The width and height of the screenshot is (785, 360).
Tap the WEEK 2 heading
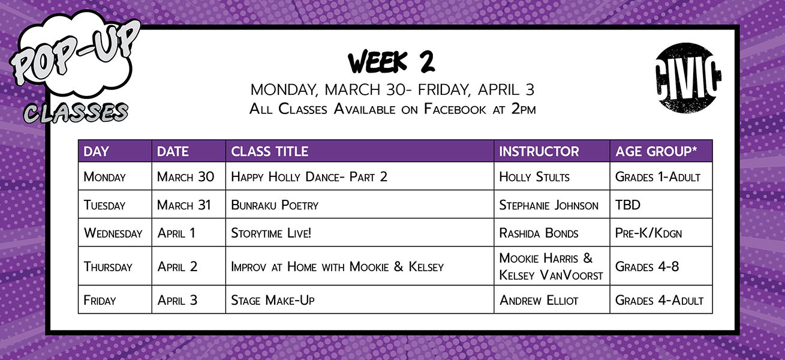coord(392,62)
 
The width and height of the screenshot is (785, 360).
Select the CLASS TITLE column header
coord(269,151)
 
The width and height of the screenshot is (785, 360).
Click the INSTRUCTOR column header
coord(539,151)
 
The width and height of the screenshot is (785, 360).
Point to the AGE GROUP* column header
coord(656,151)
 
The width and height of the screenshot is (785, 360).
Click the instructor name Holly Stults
coord(534,177)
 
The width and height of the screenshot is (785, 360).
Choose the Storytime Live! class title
coord(271,233)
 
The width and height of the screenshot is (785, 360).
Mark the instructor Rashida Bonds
coord(539,233)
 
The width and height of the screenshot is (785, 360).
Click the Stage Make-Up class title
coord(273,301)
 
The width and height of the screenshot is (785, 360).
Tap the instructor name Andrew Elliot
coord(539,301)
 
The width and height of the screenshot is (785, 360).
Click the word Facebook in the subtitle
coord(455,109)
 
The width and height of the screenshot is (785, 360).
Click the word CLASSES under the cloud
coord(76,113)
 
